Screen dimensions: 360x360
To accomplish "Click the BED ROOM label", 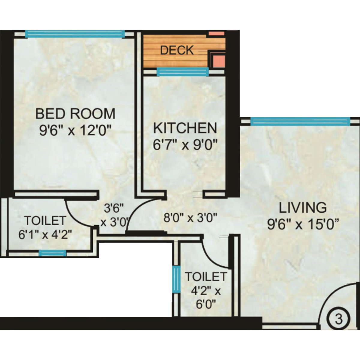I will tap(75, 114).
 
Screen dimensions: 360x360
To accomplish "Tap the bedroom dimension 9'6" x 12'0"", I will tap(75, 131).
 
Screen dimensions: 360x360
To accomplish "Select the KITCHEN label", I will tap(185, 128).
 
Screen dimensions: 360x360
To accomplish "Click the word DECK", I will tap(177, 50).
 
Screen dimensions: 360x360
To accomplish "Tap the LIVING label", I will tap(303, 208).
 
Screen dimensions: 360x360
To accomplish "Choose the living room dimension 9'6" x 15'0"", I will tap(303, 224).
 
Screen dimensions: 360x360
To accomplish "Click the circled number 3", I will tap(338, 319).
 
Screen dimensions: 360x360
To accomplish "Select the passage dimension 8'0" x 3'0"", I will tap(190, 217).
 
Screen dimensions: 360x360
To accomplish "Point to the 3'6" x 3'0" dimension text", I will tap(114, 215).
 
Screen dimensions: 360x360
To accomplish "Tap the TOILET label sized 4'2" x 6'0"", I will tap(205, 276).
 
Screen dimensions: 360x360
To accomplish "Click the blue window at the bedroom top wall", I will tap(75, 34).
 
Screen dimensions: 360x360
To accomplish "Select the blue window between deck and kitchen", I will tap(182, 72).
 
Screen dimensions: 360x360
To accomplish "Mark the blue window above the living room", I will tap(300, 121).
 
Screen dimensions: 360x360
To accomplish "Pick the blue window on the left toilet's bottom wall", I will tap(52, 253).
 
